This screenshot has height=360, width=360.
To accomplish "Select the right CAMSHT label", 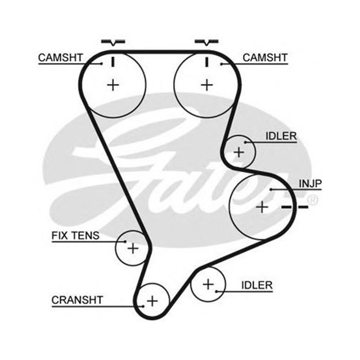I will tap(265, 57).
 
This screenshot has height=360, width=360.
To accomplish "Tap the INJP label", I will tap(310, 183).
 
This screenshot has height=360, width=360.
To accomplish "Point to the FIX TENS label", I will tap(75, 235).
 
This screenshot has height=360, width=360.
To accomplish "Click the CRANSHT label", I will tap(77, 300).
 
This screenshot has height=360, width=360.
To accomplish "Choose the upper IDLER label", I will tap(281, 137).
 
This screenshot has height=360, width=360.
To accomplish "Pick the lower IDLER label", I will tap(256, 285).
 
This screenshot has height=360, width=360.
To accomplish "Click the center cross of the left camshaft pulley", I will tap(114, 85).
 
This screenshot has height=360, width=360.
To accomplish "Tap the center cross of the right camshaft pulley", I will tap(208, 85).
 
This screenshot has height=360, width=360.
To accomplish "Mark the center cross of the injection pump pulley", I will tap(262, 207).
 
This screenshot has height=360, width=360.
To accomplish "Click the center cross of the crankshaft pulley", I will tap(153, 301).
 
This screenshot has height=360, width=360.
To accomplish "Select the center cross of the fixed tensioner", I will tap(133, 247).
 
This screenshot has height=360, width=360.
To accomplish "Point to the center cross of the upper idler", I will tap(239, 151).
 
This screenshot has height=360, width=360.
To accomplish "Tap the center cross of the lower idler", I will tap(208, 285).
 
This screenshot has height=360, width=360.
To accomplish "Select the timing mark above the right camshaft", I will tap(207, 42).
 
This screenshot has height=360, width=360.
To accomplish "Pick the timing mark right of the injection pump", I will tap(295, 208).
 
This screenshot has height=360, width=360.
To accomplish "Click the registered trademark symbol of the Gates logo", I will tap(313, 200).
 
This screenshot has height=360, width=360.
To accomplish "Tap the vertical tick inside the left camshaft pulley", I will tap(113, 61).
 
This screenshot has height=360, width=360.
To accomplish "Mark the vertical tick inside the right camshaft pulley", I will tap(207, 61).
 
